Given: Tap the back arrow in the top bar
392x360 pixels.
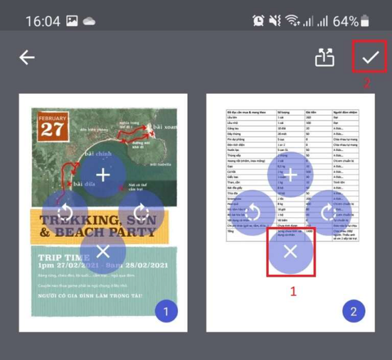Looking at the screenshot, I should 27,57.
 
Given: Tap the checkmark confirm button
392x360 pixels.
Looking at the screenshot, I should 370,57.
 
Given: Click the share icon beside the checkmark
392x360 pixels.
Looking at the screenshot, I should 324,58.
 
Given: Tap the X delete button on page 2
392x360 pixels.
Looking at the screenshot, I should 291,252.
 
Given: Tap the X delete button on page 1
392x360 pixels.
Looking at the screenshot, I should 103,252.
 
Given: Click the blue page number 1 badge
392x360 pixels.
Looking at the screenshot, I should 166,311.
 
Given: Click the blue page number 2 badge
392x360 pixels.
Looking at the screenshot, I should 353,311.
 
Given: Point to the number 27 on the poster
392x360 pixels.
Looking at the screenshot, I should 52,129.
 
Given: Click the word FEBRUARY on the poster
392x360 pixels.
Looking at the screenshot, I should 52,118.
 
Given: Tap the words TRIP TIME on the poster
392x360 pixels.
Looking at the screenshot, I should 64,257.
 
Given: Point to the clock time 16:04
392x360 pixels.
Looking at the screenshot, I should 43,22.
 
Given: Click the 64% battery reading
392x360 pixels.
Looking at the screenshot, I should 345,22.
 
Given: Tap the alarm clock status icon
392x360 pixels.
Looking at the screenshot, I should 258,21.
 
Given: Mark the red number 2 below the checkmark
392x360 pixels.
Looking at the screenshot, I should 367,83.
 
